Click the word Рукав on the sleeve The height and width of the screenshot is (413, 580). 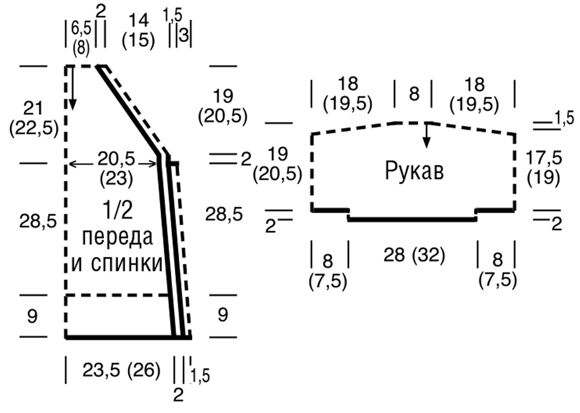coord(414,172)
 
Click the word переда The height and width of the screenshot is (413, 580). coord(117,238)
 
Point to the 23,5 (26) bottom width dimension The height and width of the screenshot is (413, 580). coord(122,370)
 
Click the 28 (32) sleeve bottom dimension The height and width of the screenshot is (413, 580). coord(414,255)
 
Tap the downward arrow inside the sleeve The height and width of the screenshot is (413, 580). coord(427,135)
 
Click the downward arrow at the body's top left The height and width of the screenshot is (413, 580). coord(72,88)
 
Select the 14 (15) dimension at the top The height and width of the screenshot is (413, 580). coord(139,30)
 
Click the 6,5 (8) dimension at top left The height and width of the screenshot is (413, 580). coord(81,39)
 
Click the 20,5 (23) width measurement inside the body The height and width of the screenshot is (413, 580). coord(116,169)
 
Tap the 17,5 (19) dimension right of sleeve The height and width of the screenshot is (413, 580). coord(543,168)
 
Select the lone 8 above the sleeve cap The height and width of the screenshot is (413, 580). coord(414,93)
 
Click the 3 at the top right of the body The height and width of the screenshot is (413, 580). coord(184,37)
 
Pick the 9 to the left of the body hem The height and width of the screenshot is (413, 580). coord(32,317)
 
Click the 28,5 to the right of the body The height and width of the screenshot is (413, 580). coord(224,214)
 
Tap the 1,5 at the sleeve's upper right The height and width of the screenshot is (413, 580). coord(564,119)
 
